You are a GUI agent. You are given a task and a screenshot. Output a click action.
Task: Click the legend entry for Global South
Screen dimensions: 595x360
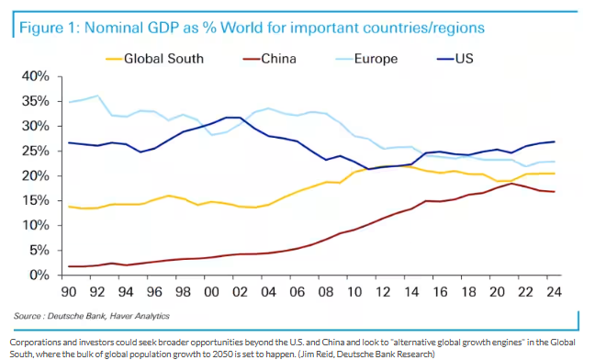coord(155,59)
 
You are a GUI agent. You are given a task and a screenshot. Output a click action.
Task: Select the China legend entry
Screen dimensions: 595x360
coord(269,59)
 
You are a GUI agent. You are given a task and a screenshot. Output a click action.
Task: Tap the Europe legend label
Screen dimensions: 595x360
coord(367,59)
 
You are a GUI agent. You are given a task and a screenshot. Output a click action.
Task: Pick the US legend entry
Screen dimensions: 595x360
coord(455,59)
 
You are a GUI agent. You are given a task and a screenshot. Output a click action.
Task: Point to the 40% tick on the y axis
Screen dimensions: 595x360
coord(36,76)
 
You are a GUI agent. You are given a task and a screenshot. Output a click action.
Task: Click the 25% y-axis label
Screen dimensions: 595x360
coord(36,151)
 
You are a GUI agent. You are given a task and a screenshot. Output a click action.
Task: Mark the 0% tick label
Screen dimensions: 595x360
coord(39,275)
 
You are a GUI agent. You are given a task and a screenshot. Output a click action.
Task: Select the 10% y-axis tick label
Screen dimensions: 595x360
coord(36,225)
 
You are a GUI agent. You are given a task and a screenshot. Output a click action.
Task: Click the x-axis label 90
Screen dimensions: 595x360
coord(69,292)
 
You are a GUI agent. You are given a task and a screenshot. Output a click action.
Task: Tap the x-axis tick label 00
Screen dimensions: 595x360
coord(211,292)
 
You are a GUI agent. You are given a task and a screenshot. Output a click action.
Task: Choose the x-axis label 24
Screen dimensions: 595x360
coord(554,292)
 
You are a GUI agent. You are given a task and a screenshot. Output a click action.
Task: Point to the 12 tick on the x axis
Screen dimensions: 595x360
coord(383,292)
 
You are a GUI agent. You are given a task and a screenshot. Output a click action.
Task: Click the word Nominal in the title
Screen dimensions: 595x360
coord(112,28)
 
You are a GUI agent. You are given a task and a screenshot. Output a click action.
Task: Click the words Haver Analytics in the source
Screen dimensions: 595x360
coord(140,316)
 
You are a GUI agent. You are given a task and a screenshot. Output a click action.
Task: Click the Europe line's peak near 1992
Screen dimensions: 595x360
coord(98,96)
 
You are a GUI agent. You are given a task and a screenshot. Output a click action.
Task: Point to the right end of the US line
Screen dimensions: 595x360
coord(555,141)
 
